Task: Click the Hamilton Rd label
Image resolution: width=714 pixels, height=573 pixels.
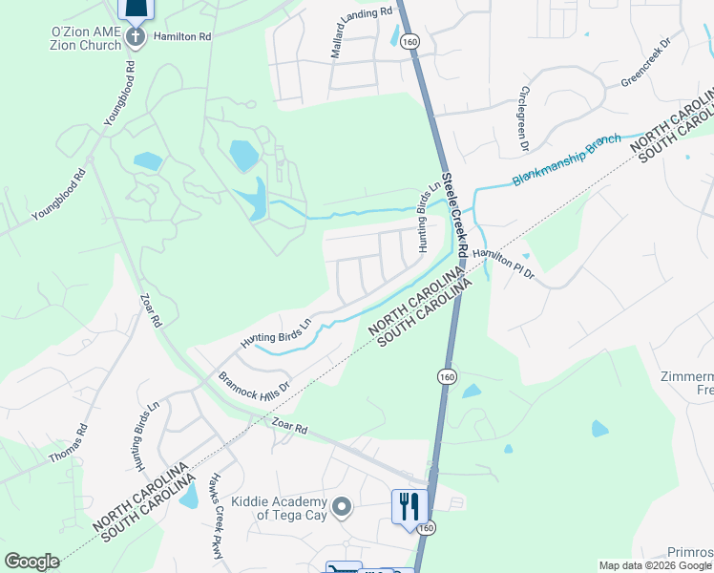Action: pyautogui.click(x=184, y=35)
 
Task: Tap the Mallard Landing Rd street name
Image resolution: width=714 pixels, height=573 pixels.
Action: pyautogui.click(x=362, y=32)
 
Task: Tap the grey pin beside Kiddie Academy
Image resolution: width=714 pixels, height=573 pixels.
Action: pyautogui.click(x=343, y=505)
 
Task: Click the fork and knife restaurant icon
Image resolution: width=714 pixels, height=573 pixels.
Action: pyautogui.click(x=409, y=505)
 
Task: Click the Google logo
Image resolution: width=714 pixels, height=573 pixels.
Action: pyautogui.click(x=31, y=562)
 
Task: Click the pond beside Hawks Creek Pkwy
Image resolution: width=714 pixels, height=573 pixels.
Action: pyautogui.click(x=188, y=496)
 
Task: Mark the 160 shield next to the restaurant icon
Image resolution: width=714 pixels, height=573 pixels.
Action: pyautogui.click(x=427, y=528)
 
